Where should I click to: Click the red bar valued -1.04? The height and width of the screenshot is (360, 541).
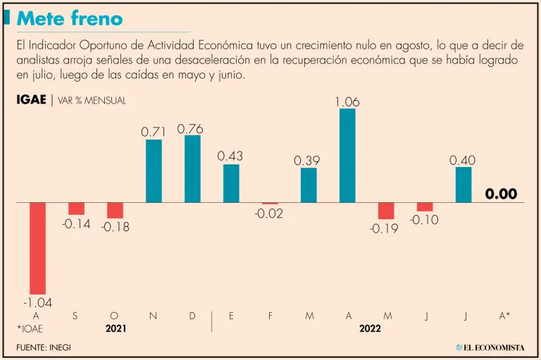click(37, 248)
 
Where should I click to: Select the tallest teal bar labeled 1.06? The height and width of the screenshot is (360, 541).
click(347, 156)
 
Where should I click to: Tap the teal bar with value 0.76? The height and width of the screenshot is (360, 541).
click(192, 169)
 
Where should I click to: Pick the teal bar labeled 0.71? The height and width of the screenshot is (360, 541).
click(154, 171)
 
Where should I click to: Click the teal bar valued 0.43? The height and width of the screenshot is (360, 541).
click(231, 183)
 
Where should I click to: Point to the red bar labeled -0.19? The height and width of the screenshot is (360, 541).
click(386, 211)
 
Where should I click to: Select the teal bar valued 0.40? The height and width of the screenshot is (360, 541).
click(464, 185)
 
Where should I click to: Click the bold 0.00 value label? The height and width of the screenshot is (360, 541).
click(502, 194)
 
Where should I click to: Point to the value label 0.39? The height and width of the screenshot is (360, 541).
click(308, 161)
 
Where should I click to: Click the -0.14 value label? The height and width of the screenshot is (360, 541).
click(76, 225)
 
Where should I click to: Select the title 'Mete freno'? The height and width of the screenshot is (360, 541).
click(69, 18)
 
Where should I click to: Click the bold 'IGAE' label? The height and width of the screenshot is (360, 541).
click(31, 100)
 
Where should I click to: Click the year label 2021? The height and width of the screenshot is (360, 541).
click(116, 328)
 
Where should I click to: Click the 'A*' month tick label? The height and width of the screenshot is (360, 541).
click(504, 316)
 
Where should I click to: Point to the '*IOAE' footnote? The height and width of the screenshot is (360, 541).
click(28, 328)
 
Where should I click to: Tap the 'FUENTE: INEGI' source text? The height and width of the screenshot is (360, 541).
click(44, 347)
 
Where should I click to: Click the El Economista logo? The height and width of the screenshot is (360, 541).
click(490, 347)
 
